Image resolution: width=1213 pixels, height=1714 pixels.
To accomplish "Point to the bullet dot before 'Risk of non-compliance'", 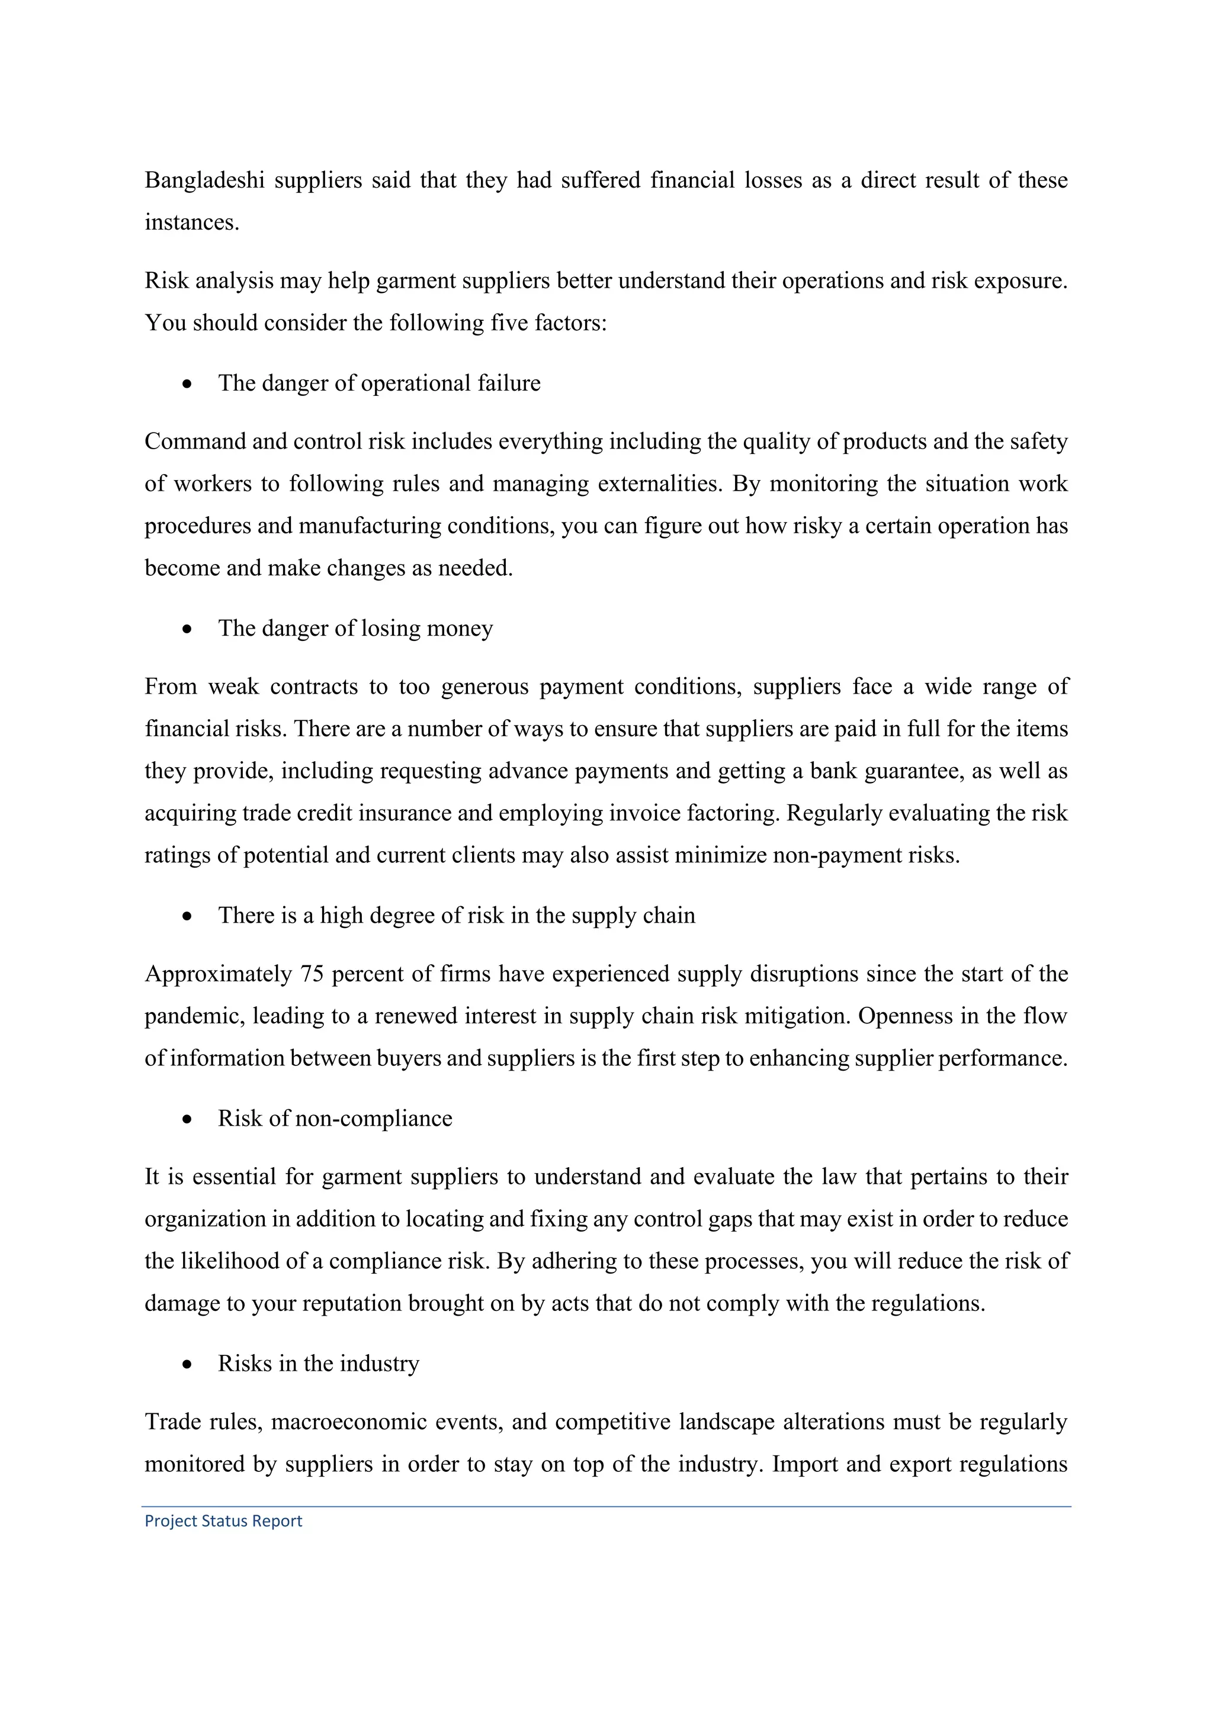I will [187, 1120].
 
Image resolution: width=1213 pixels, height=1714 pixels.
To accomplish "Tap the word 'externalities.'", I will [660, 484].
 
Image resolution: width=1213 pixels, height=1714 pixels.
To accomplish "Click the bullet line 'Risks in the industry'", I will [318, 1363].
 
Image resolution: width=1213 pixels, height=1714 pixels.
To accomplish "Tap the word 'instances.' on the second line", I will [192, 223].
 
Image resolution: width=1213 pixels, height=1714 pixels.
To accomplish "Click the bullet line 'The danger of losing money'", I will [355, 628].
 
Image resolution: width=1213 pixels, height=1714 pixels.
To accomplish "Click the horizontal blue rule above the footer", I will [606, 1506].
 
